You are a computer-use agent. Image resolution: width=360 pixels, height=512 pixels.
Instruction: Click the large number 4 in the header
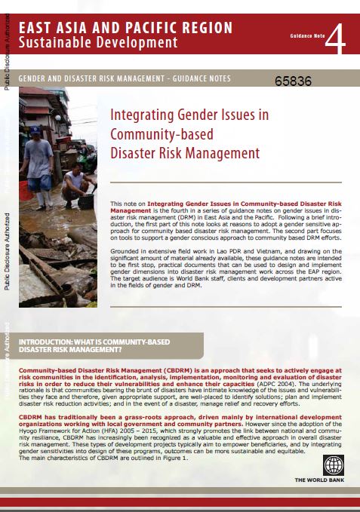336,37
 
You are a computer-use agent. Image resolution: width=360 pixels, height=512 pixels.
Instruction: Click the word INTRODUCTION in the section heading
54,342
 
